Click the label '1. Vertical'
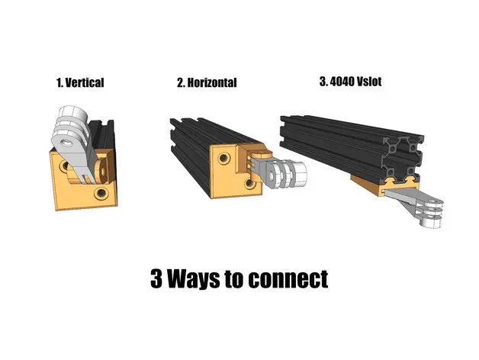click(x=80, y=82)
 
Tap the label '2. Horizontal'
click(x=207, y=82)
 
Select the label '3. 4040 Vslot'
click(x=350, y=82)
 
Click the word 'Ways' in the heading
click(x=194, y=278)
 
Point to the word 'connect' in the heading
click(x=288, y=279)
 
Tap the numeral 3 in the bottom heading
click(x=156, y=278)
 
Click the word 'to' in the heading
click(x=234, y=279)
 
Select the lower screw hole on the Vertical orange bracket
click(x=101, y=193)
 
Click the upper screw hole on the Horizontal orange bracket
click(x=223, y=159)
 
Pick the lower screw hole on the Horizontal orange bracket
click(x=249, y=183)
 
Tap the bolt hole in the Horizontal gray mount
click(x=271, y=175)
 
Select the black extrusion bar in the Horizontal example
click(x=198, y=146)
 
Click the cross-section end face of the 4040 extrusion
click(x=400, y=159)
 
